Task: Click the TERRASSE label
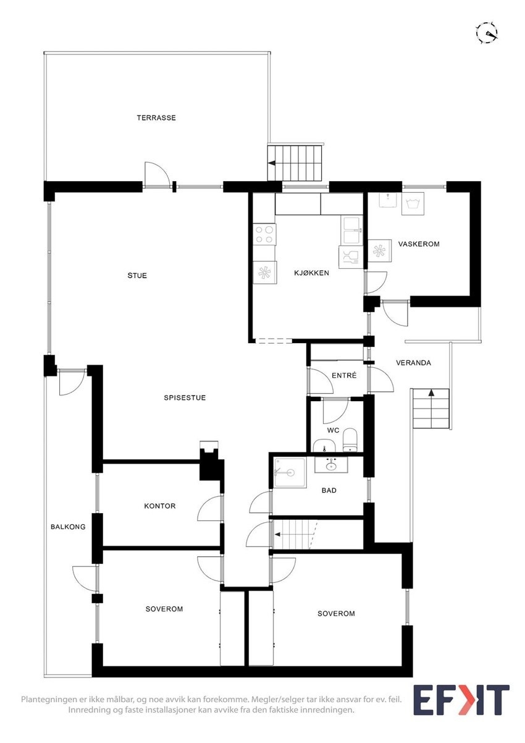click(156, 117)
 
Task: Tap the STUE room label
click(137, 275)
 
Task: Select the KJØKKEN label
click(311, 273)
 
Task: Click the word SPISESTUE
click(185, 397)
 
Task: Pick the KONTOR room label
click(159, 506)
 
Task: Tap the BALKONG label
click(68, 527)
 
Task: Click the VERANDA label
click(413, 363)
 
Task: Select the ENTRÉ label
click(344, 375)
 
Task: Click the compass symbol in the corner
click(487, 32)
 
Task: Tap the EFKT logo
click(461, 700)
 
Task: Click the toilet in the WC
click(350, 439)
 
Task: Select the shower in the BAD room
click(289, 472)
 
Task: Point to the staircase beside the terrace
click(296, 163)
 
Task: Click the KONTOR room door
click(209, 509)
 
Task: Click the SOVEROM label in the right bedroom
click(336, 613)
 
